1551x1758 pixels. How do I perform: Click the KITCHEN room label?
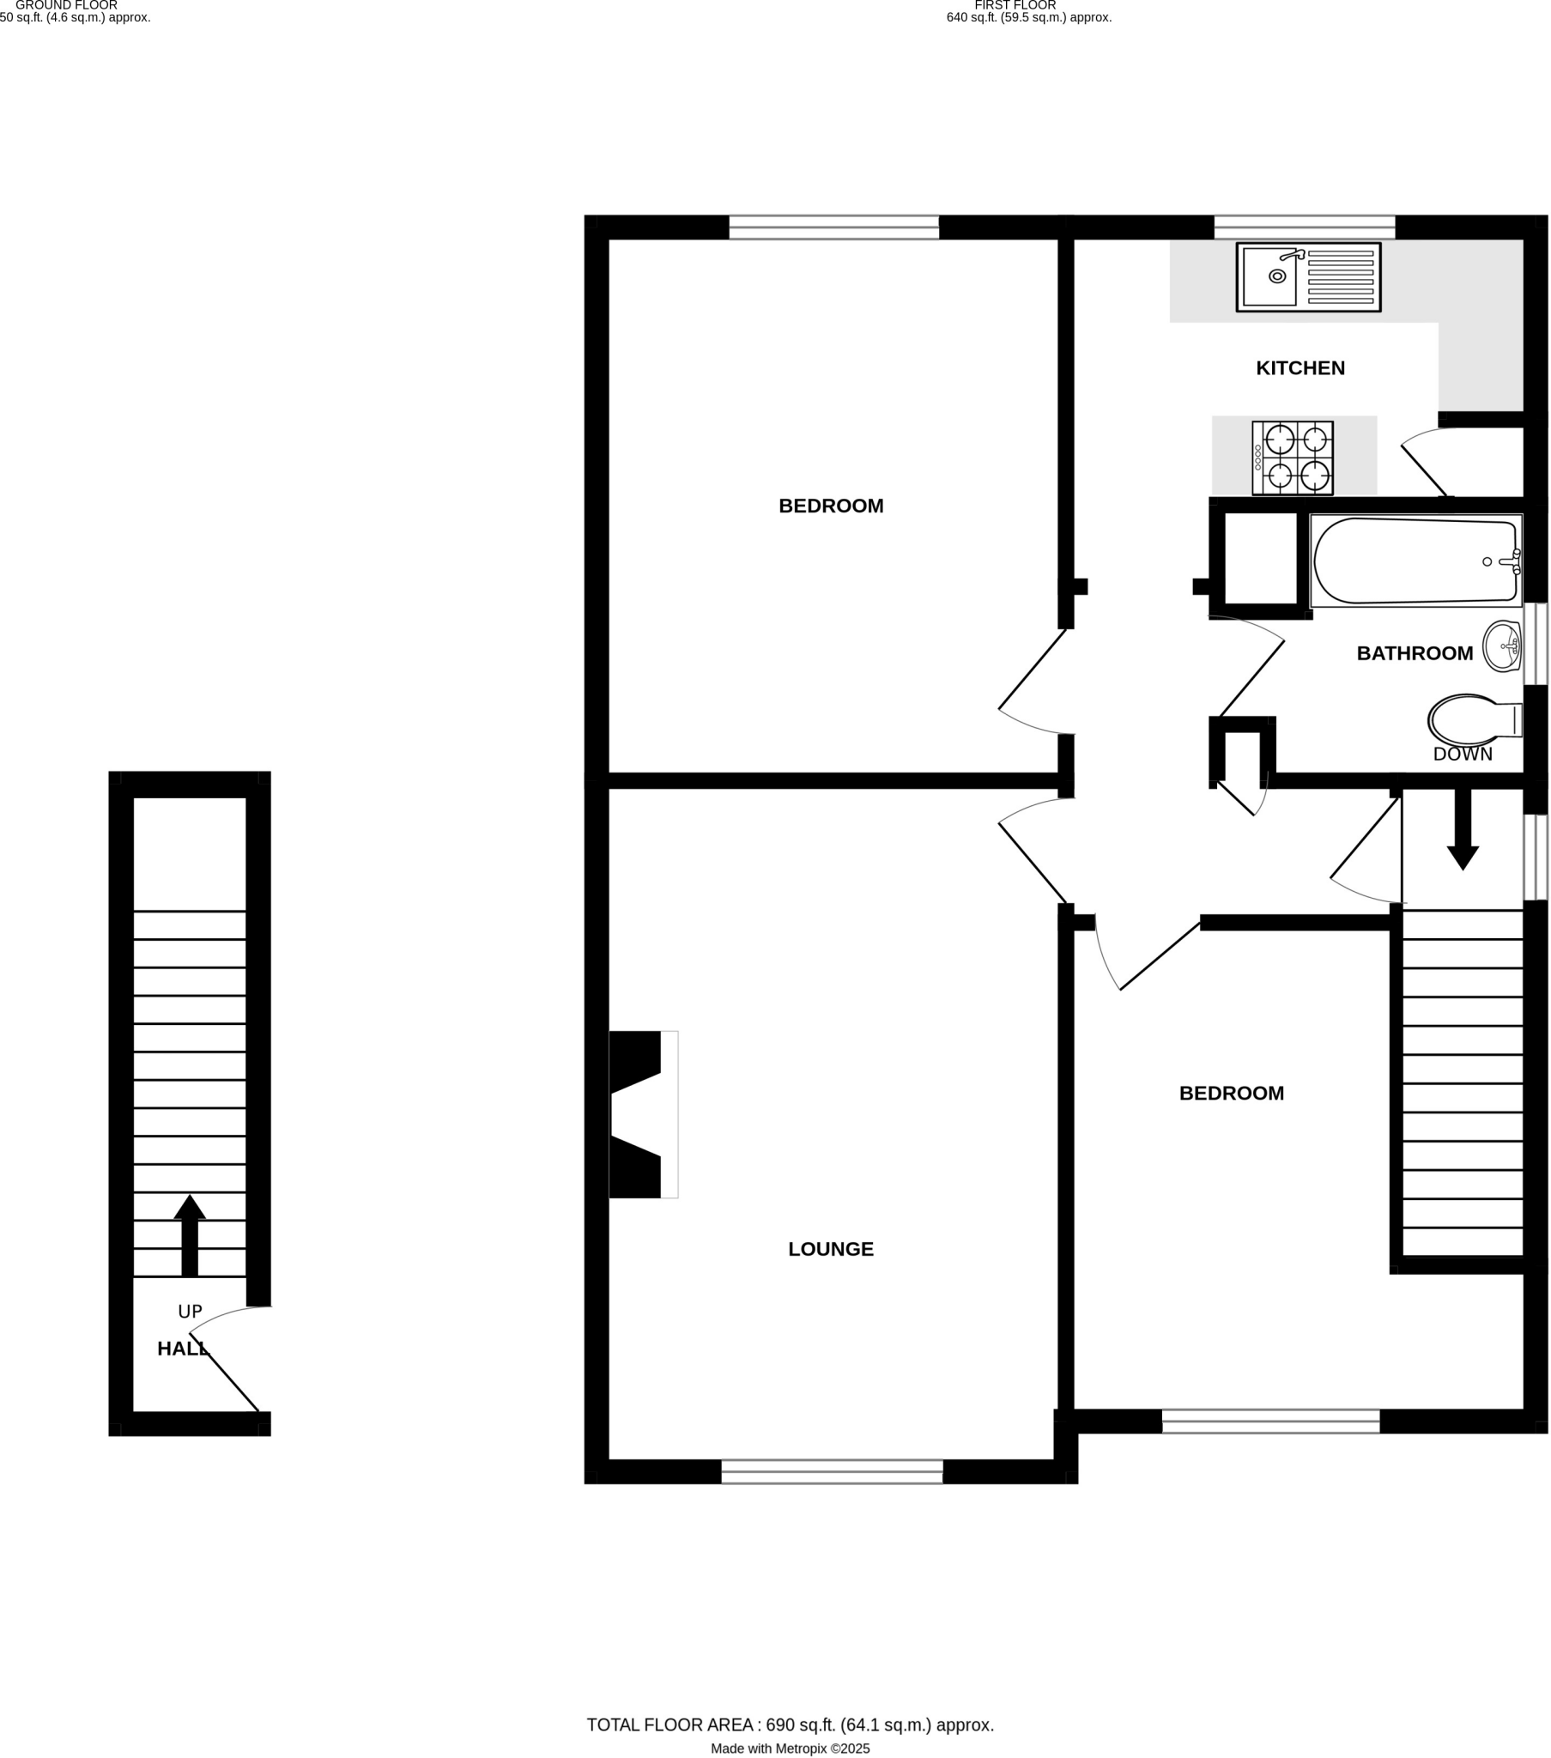[x=1300, y=368]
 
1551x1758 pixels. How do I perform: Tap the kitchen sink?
[x=1307, y=277]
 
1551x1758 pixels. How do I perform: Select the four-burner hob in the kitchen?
[x=1292, y=458]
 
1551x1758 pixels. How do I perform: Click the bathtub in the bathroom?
[x=1415, y=561]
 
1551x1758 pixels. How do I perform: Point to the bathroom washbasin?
[x=1502, y=646]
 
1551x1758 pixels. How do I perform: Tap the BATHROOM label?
[x=1415, y=653]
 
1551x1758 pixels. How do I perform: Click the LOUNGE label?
[x=830, y=1250]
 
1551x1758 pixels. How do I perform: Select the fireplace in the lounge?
[x=641, y=1114]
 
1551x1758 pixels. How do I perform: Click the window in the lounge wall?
[x=831, y=1471]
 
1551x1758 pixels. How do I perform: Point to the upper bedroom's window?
[x=833, y=227]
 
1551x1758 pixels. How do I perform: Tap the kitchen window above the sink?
[x=1303, y=227]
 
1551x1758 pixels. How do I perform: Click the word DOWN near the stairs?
[x=1463, y=755]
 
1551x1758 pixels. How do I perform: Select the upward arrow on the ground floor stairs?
[x=189, y=1235]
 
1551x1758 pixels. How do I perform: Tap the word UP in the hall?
[x=189, y=1312]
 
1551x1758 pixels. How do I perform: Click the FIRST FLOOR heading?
[x=1015, y=5]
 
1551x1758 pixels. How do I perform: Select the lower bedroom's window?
[x=1270, y=1421]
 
